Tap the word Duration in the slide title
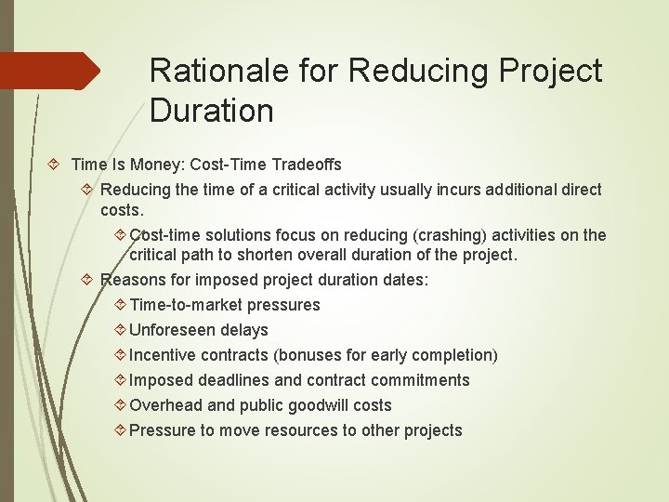tap(211, 112)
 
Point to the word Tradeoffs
tap(307, 165)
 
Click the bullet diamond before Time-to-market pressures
tap(120, 305)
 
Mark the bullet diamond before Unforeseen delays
tap(120, 330)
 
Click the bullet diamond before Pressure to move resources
tap(120, 430)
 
